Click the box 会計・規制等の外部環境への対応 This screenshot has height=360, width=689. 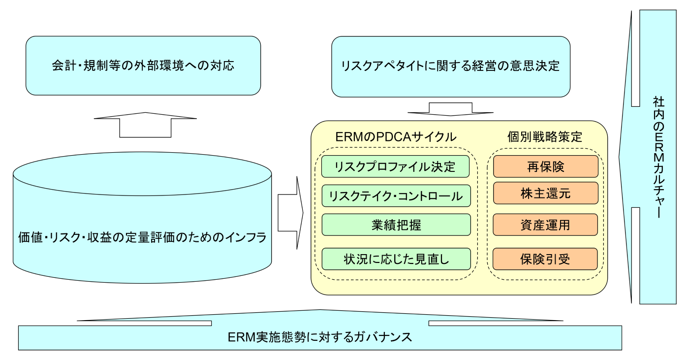(143, 65)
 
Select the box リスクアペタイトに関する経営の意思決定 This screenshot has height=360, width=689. (450, 65)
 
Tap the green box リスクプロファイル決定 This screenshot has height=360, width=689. (396, 166)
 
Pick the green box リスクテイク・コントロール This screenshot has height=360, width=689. (396, 196)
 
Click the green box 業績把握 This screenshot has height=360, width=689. (396, 225)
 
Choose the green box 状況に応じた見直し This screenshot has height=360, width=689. (396, 259)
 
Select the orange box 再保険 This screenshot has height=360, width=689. (545, 166)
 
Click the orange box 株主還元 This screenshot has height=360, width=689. (545, 193)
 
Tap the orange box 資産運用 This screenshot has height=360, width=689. (545, 225)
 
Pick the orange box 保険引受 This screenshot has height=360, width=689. (545, 259)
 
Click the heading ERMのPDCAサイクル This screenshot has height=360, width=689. (396, 137)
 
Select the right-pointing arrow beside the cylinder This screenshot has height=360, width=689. (291, 212)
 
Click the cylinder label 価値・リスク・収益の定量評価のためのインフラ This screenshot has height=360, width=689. (142, 238)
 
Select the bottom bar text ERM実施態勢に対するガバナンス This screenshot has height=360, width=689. (320, 337)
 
